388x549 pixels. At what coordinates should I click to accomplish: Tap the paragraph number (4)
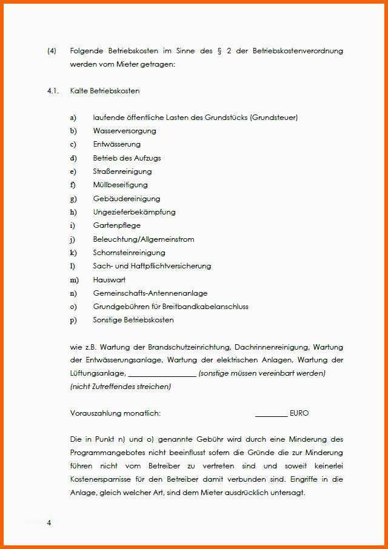52,51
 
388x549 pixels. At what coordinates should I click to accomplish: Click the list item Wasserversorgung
124,131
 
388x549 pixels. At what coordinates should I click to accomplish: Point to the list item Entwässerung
116,144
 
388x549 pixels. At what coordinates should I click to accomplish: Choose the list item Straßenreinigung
122,171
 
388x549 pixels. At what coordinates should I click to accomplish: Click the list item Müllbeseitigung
120,185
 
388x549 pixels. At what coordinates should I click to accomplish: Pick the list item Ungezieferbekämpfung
134,212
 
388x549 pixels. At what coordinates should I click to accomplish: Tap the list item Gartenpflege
116,225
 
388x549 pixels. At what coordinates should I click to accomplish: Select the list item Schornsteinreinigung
129,253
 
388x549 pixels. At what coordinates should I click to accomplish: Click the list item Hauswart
109,280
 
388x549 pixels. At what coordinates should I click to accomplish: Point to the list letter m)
75,280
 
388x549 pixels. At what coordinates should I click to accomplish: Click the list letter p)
73,320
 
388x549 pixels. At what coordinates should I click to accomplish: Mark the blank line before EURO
271,414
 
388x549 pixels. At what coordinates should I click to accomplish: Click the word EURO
299,413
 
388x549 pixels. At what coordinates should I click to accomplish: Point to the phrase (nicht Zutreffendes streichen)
120,387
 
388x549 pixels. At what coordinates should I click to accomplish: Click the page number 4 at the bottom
49,523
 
